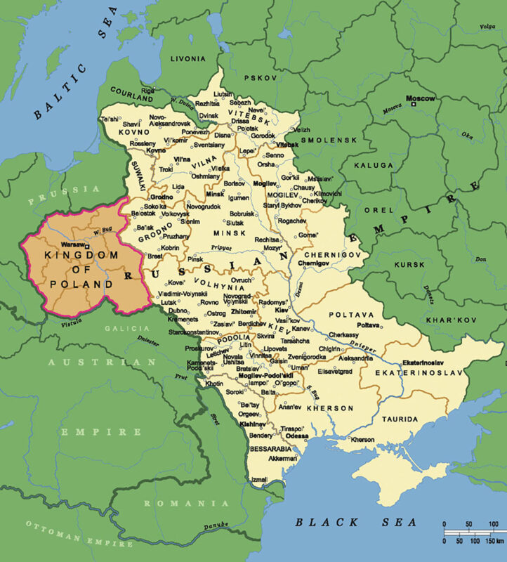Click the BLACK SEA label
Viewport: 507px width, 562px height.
click(355, 522)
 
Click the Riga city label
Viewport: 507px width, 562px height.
click(147, 91)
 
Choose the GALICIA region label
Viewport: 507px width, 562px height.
click(124, 327)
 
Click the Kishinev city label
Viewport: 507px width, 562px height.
click(251, 425)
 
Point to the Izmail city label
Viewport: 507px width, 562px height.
click(260, 480)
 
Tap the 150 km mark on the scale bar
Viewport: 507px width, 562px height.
click(492, 542)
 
